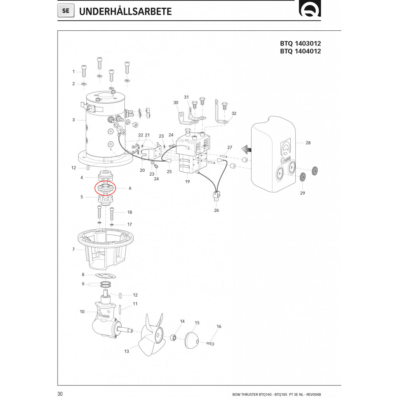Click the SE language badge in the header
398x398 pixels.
tap(66, 11)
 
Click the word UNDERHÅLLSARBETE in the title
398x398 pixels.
tap(125, 12)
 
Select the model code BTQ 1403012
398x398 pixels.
tap(300, 44)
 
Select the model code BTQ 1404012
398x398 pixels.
tap(300, 51)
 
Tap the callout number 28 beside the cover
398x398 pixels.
tap(308, 143)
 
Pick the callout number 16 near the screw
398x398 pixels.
tap(219, 326)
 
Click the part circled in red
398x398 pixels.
tap(105, 188)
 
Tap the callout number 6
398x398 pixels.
tap(130, 188)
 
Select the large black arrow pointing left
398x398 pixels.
tap(245, 148)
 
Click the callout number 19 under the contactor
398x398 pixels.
tap(187, 182)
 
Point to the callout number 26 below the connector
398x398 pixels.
tap(216, 210)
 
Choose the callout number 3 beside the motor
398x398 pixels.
tap(73, 120)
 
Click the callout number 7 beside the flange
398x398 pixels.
tap(73, 249)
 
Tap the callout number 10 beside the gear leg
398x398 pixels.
tap(82, 312)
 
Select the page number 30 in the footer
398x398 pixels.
tap(60, 394)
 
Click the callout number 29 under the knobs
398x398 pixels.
tap(303, 193)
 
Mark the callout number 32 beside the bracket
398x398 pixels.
tap(234, 113)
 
